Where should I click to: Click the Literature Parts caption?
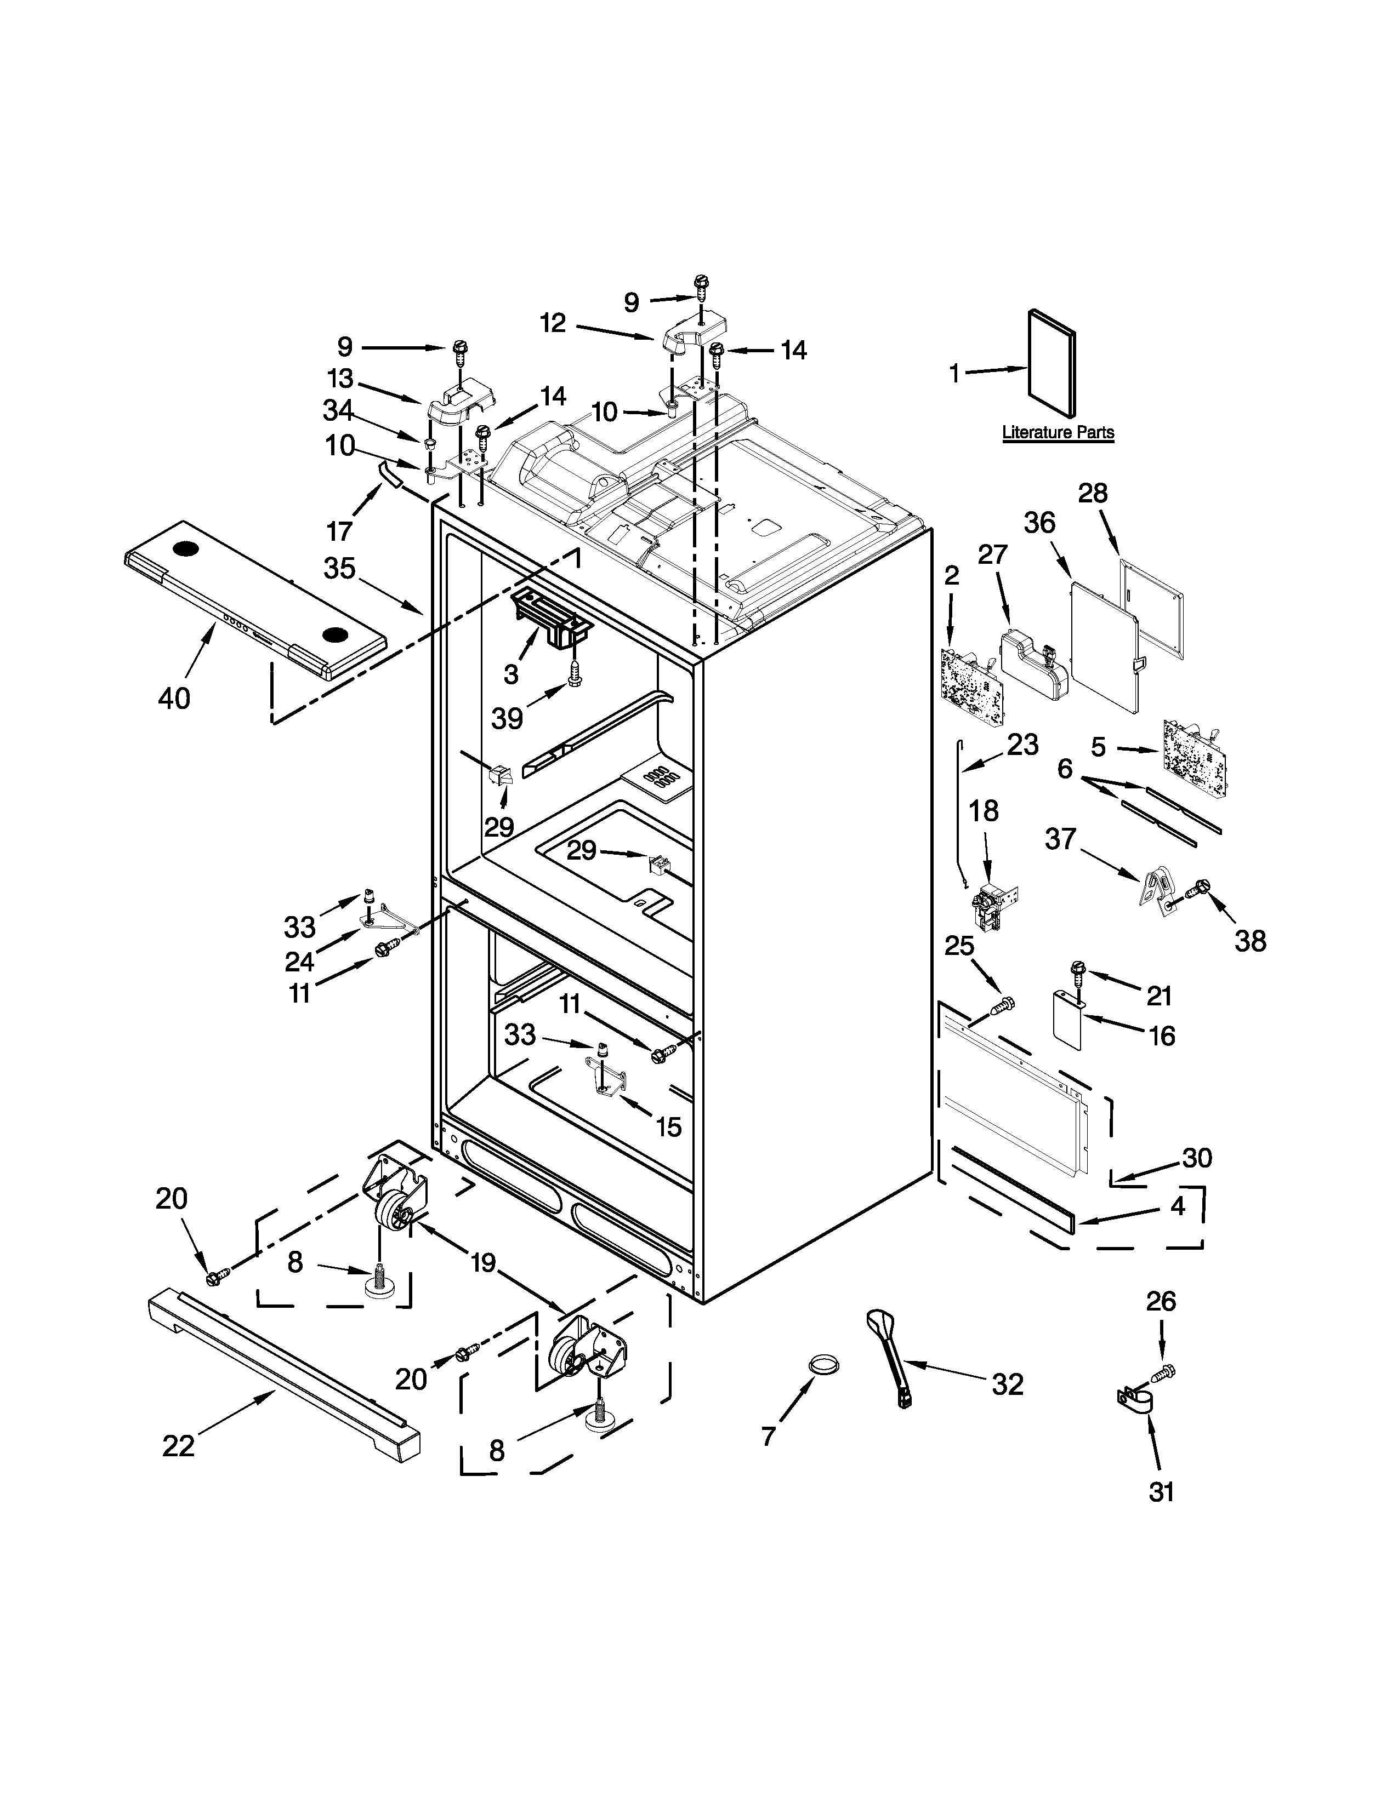click(1058, 432)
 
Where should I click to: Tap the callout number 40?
click(174, 698)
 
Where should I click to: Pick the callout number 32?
click(1008, 1383)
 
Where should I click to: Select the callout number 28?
click(1093, 494)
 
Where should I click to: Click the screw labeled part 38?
click(1198, 889)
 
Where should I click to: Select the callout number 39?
click(507, 718)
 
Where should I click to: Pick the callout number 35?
click(339, 569)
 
